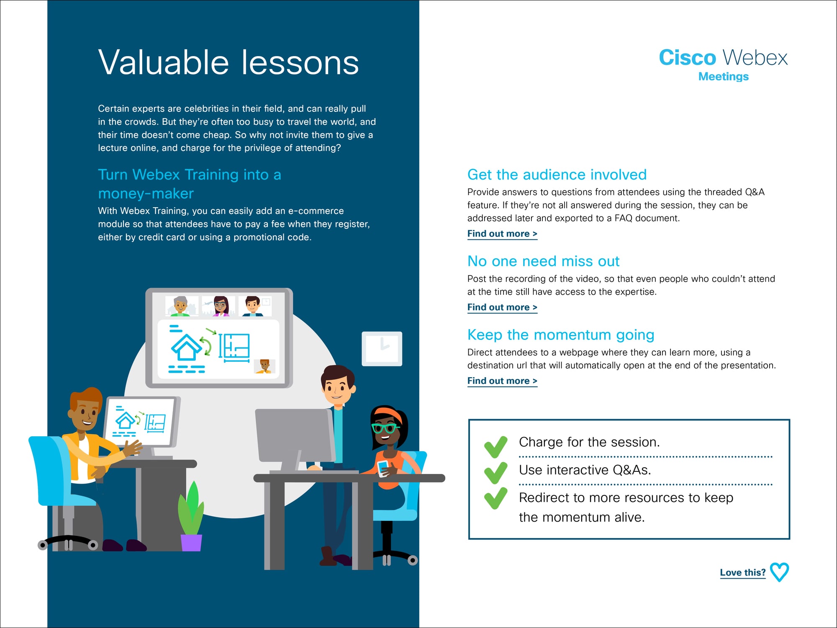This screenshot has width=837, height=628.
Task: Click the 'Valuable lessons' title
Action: (229, 62)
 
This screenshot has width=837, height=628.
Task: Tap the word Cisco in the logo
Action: (687, 57)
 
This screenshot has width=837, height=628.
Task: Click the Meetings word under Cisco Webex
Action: (723, 77)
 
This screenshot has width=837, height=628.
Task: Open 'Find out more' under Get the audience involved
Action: (502, 234)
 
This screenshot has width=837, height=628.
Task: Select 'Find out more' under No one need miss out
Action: (502, 307)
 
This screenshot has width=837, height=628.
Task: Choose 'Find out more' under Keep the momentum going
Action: (502, 381)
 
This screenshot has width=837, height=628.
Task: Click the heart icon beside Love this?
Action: (779, 572)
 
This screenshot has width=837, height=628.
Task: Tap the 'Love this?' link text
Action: (743, 572)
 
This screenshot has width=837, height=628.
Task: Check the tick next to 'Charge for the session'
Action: (496, 447)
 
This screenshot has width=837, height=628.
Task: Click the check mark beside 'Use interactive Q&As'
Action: (496, 473)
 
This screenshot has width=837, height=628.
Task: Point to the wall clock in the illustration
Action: (382, 349)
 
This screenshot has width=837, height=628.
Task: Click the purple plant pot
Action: (191, 543)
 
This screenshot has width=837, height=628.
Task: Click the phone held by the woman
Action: (383, 468)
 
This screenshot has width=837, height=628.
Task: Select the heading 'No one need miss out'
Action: (543, 261)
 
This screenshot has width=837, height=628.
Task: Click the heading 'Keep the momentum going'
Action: (561, 335)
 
